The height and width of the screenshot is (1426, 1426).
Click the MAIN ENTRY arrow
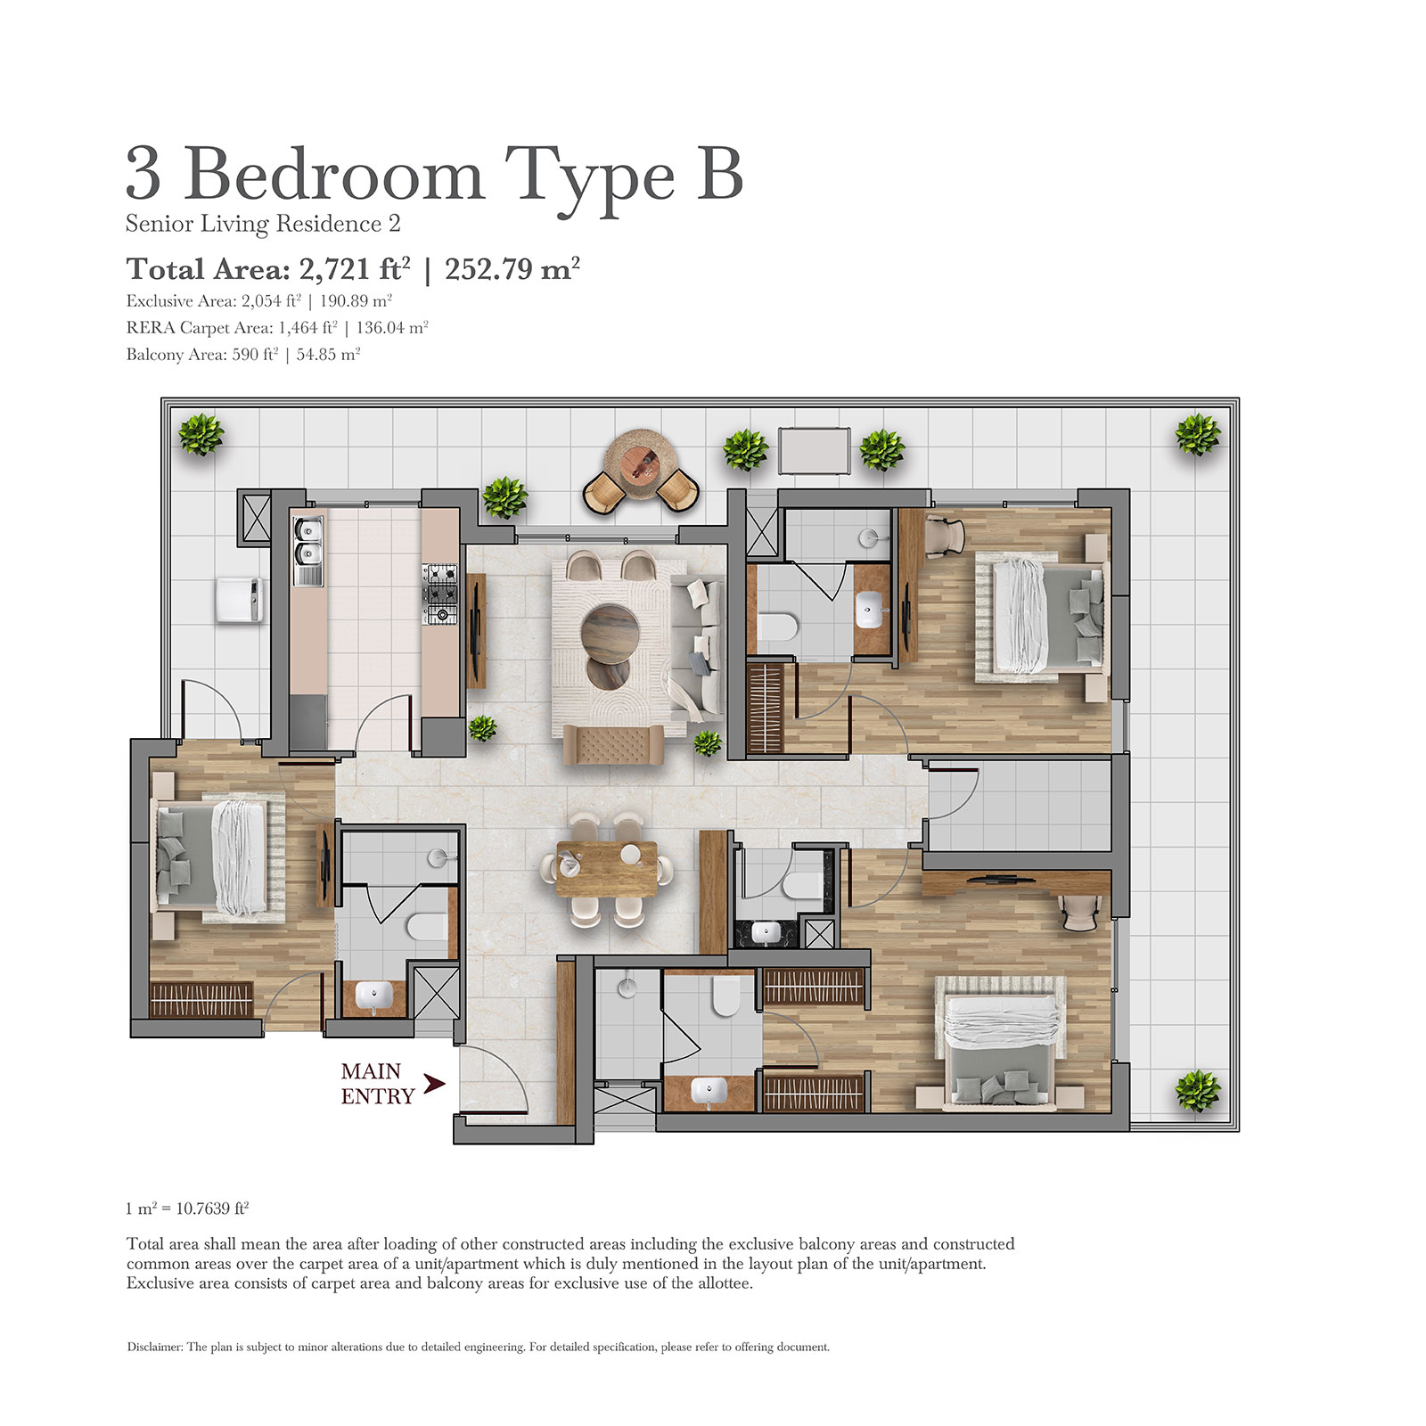click(x=434, y=1084)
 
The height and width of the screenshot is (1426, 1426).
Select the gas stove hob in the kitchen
click(x=439, y=593)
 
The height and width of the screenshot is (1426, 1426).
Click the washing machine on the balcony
click(x=240, y=599)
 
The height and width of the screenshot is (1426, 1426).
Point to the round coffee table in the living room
click(x=610, y=633)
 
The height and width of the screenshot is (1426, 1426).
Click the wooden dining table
click(x=606, y=869)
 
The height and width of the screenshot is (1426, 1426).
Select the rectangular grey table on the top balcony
click(x=814, y=451)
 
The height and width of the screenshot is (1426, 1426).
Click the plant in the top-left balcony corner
click(x=201, y=435)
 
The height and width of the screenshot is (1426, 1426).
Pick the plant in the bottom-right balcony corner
click(x=1197, y=1091)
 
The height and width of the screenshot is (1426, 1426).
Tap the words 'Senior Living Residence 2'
click(x=263, y=224)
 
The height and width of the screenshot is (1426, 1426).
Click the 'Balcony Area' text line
click(x=242, y=355)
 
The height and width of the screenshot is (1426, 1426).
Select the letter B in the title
click(x=719, y=175)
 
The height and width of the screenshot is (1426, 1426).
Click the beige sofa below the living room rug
click(x=613, y=743)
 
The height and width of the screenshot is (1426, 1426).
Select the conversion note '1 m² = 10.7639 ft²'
click(x=187, y=1209)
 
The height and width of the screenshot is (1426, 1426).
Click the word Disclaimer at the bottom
click(x=154, y=1347)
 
